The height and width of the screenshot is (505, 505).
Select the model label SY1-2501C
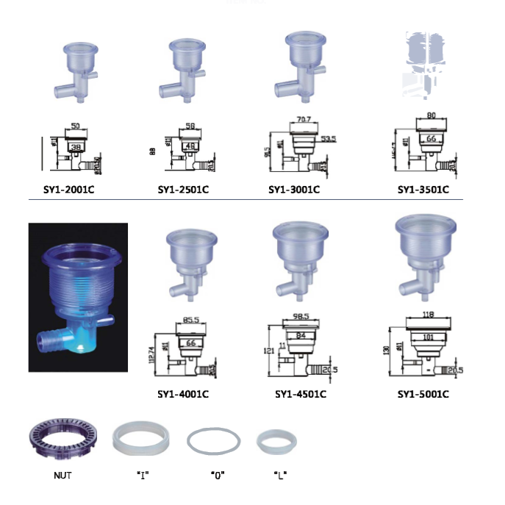(183, 189)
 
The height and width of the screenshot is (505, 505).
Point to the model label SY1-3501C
(423, 189)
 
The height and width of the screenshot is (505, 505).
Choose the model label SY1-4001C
(183, 394)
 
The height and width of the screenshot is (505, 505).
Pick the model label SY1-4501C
(301, 394)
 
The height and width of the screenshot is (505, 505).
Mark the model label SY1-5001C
(423, 394)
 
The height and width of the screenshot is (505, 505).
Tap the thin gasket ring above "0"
(214, 442)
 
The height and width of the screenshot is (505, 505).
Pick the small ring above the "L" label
(277, 442)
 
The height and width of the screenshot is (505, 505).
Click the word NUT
(62, 476)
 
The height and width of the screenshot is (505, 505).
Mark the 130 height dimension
(387, 352)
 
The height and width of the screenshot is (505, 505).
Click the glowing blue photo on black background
(78, 297)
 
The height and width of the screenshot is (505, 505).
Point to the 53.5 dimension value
(328, 138)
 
